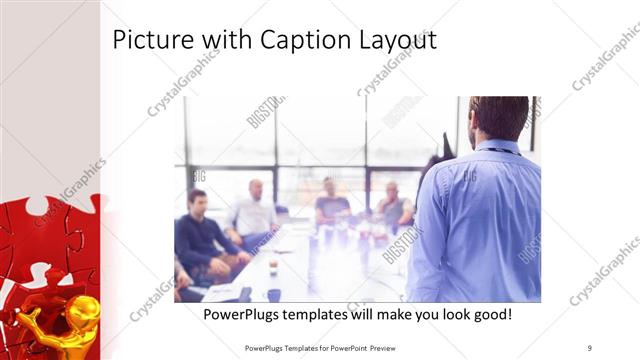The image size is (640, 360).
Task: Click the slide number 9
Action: pyautogui.click(x=590, y=347)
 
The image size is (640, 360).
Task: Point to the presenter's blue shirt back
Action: pyautogui.click(x=474, y=220)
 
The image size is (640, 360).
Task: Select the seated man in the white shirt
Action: pyautogui.click(x=254, y=213)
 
